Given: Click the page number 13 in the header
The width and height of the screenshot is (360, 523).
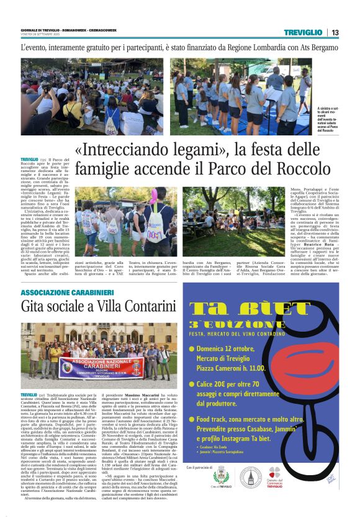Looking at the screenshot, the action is [335, 32].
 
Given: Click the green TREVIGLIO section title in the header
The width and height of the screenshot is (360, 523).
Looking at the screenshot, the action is [303, 32].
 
